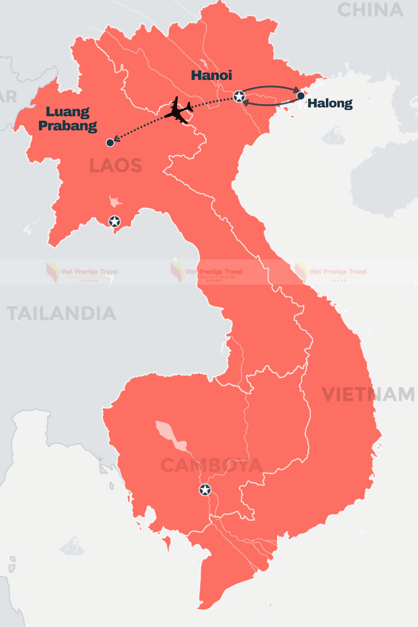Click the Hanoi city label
point(211,76)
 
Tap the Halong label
point(330,103)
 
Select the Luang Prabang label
point(68,119)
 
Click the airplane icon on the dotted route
point(178,110)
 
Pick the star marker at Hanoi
point(239,96)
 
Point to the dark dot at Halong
point(301,96)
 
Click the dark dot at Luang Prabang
point(110,143)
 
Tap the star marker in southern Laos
point(114,221)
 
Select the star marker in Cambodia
point(205,490)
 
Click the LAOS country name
point(115,165)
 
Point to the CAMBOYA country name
point(211,466)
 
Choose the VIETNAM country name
point(368,394)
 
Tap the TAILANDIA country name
point(61,313)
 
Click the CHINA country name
point(370,10)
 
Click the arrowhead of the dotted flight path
point(116,139)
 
